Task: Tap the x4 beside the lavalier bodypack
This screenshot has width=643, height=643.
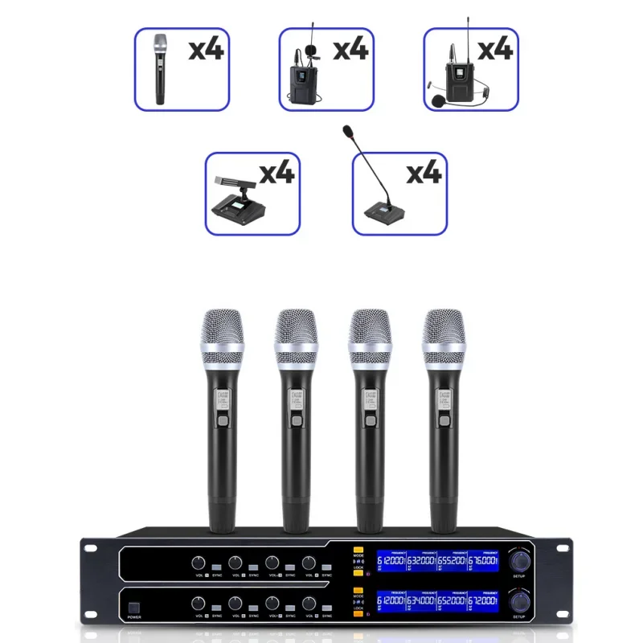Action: click(350, 50)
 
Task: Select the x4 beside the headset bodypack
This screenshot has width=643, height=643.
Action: click(494, 50)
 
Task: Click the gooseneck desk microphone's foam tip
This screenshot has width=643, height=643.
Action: click(347, 129)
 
